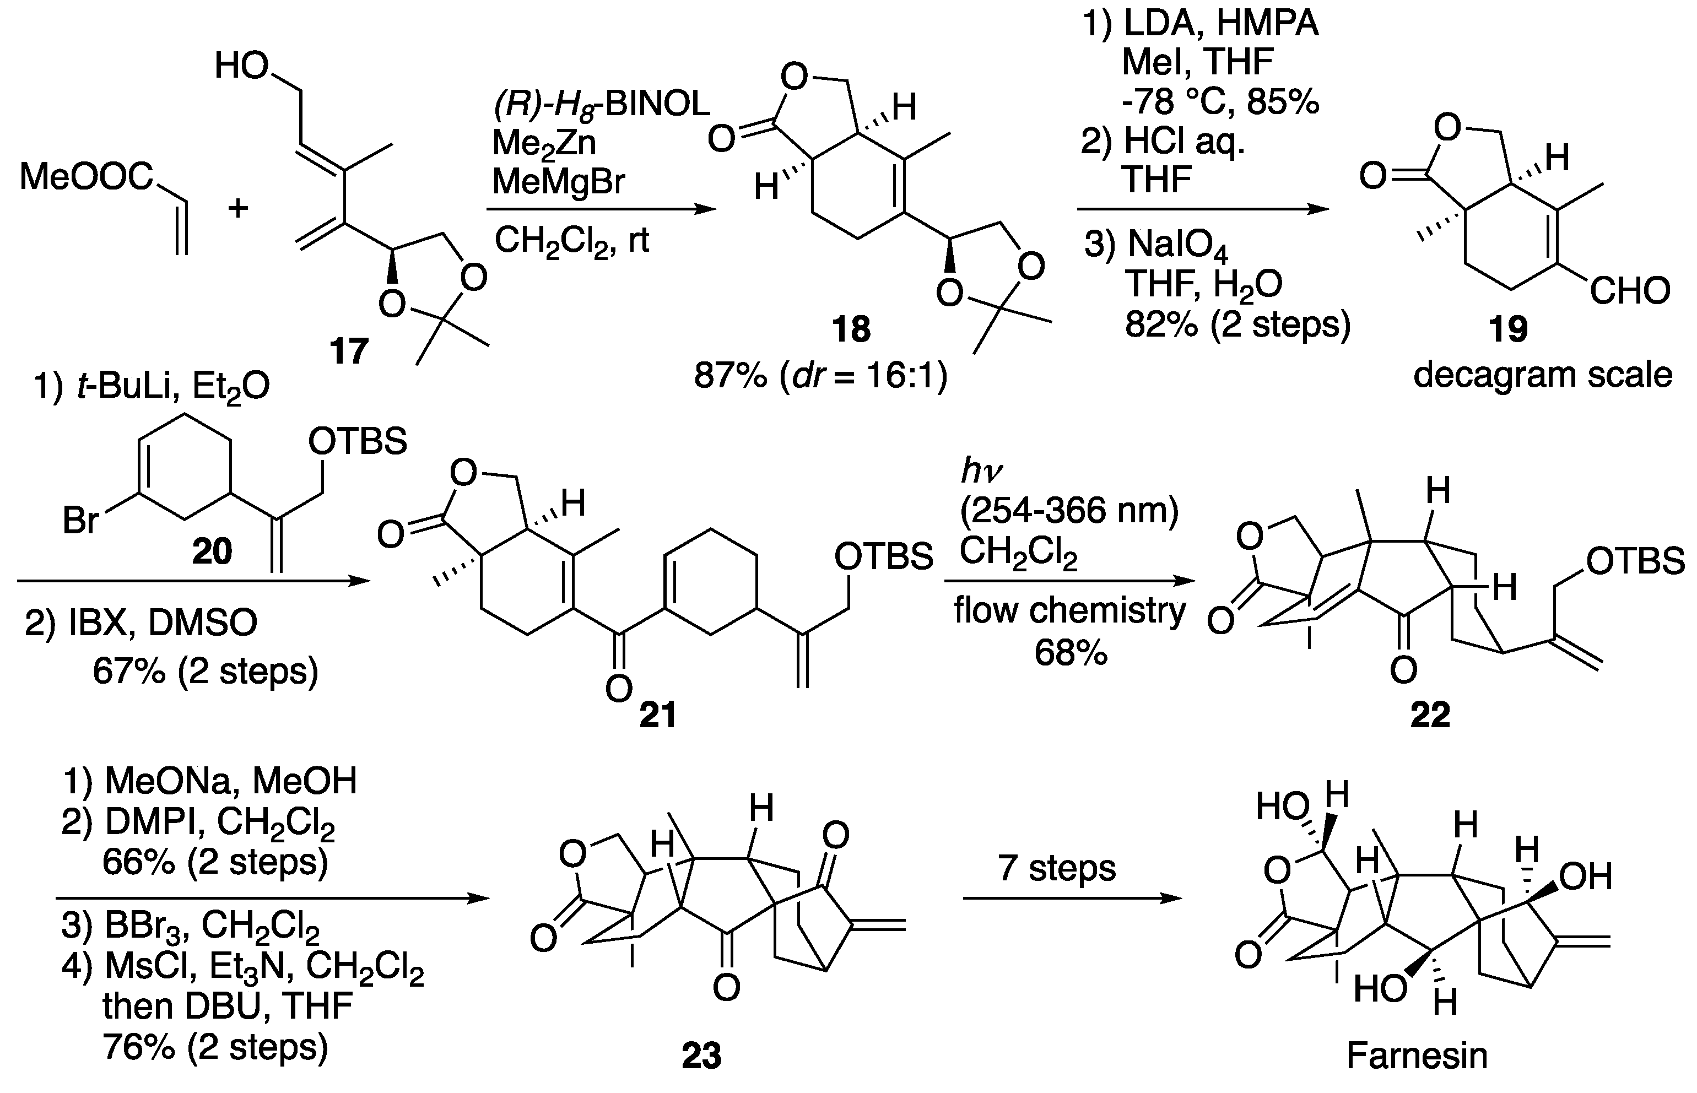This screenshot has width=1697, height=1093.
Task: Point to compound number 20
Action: [x=212, y=551]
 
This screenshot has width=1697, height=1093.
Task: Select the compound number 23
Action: [x=701, y=1056]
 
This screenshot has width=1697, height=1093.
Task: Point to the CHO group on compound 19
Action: [x=1630, y=291]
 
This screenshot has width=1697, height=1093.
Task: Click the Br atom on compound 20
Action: [x=80, y=520]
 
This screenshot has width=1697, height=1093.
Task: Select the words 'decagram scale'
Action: [x=1543, y=375]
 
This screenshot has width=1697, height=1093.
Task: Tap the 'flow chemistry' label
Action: [x=1069, y=610]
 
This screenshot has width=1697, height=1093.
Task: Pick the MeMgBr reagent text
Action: [x=559, y=182]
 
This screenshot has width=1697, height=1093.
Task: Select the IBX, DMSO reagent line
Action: [x=141, y=623]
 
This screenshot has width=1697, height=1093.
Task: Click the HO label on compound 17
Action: [x=241, y=67]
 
